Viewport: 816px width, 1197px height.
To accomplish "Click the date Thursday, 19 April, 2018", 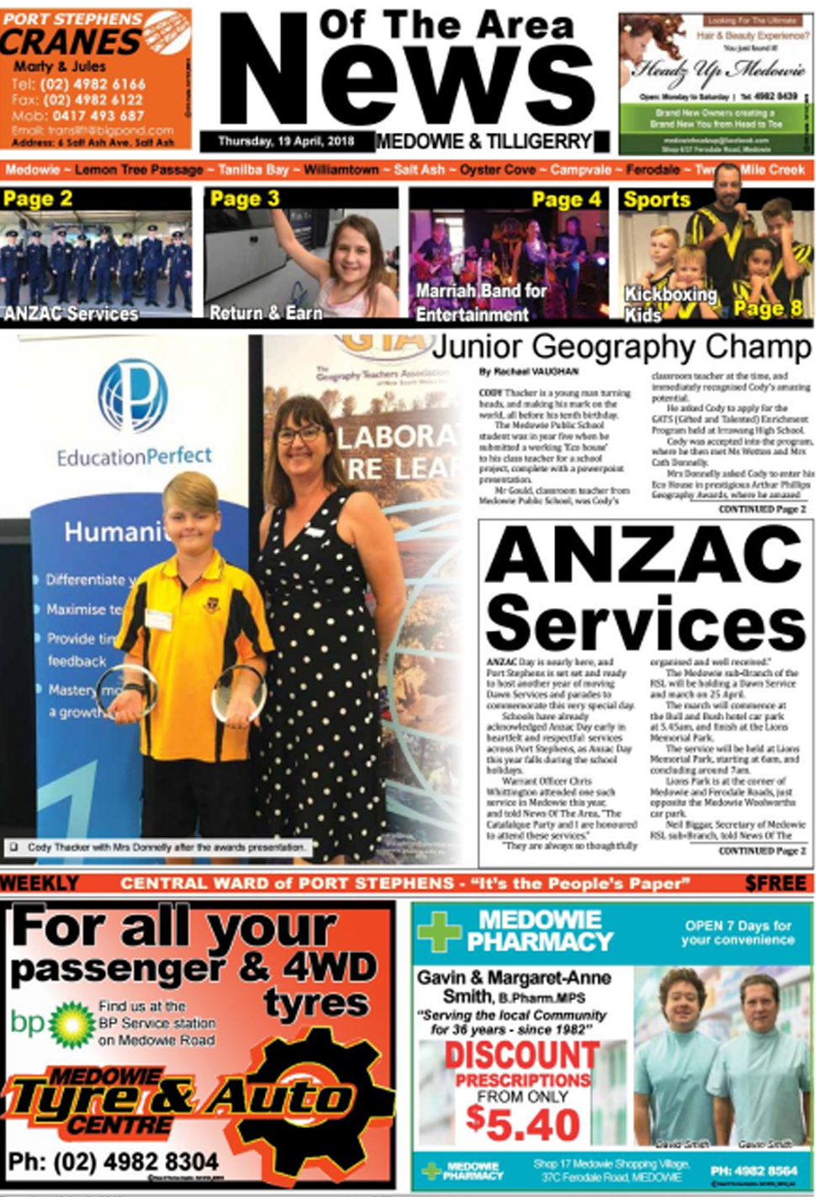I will click(x=286, y=141).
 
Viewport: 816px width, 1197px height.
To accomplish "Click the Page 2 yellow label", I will click(x=38, y=199).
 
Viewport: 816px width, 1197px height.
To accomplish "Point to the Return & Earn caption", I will click(x=266, y=313).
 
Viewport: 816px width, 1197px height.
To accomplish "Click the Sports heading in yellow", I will click(x=656, y=199).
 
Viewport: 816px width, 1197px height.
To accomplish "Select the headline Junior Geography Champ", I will click(x=621, y=347).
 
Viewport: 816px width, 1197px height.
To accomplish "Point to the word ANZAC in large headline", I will click(x=645, y=557).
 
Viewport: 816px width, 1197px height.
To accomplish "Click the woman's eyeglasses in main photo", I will click(x=299, y=435).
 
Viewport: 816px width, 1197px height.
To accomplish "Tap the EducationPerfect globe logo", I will click(x=132, y=395).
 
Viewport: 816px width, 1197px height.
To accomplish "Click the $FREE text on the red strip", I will click(x=775, y=883).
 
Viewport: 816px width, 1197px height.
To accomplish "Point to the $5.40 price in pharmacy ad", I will click(x=522, y=1125).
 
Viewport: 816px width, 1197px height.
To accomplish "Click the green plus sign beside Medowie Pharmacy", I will click(x=440, y=931).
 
